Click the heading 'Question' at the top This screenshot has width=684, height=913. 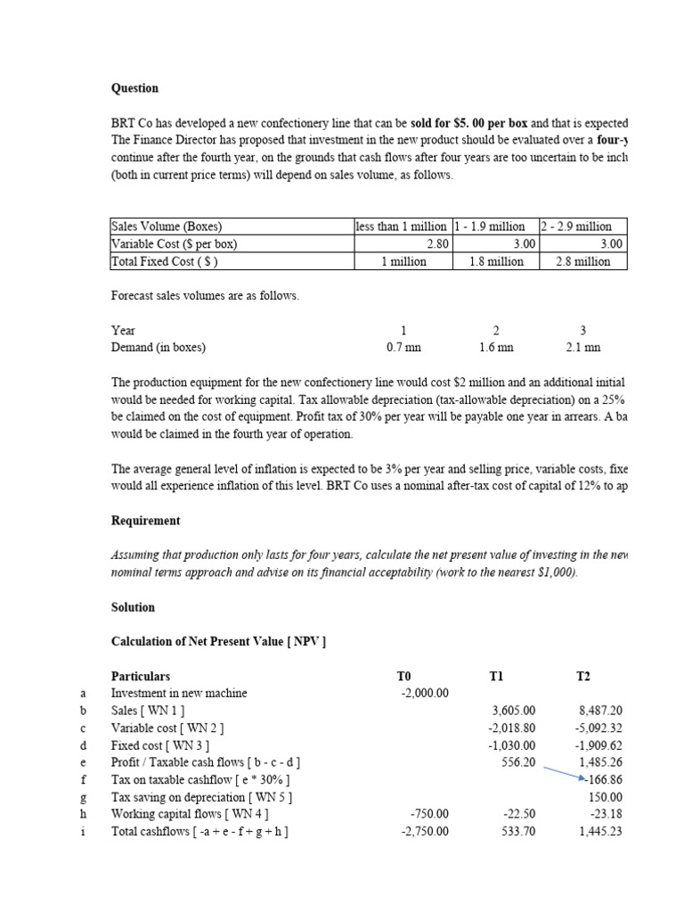click(x=134, y=88)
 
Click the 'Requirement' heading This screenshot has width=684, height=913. click(x=145, y=521)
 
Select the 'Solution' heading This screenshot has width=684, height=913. click(x=133, y=607)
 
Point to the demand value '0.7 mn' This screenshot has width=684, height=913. click(x=403, y=348)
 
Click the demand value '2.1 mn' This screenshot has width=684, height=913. click(x=583, y=348)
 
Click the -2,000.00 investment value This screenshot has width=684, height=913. click(x=426, y=693)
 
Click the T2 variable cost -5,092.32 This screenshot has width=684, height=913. click(x=601, y=728)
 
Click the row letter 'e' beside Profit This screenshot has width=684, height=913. click(x=82, y=762)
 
